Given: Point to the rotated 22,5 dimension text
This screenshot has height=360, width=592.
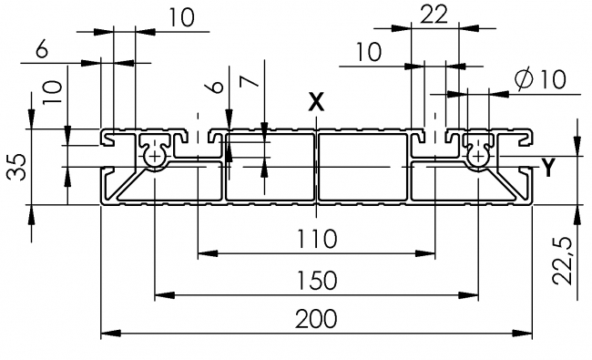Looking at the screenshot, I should tap(566, 261).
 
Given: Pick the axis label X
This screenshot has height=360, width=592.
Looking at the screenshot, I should tap(316, 102).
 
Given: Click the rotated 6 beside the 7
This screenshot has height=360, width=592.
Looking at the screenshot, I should tap(214, 87).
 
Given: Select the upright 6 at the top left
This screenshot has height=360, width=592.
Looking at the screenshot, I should tap(42, 50).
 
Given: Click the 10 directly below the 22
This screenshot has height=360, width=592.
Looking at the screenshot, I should tap(370, 53).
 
